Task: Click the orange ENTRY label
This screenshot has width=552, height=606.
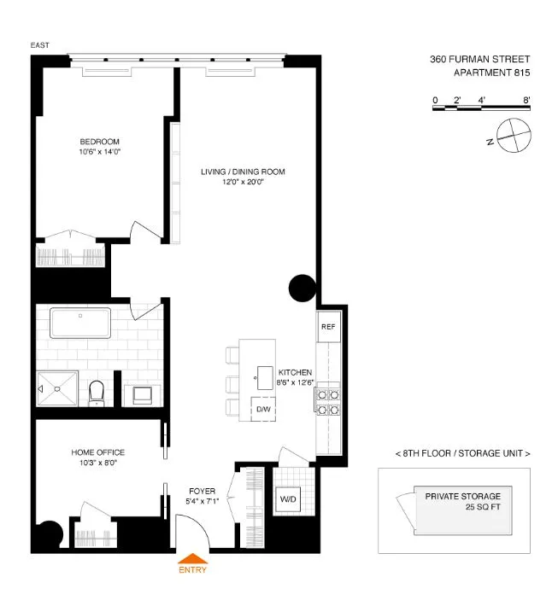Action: pos(191,569)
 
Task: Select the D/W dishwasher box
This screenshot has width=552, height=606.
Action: pos(263,409)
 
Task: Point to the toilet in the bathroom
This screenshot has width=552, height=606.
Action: pos(97,391)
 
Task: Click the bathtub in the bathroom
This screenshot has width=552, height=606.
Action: pos(80,325)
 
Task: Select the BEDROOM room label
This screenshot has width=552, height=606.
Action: pos(99,142)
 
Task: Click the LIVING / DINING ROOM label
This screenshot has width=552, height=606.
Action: pos(243,172)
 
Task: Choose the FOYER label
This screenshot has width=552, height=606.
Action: pos(202,491)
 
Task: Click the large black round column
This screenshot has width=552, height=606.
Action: pos(302,288)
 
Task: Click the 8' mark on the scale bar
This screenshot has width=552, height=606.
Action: pos(527,101)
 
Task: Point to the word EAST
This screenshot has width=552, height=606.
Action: pos(39,44)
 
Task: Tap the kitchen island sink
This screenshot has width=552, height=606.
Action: pos(257,374)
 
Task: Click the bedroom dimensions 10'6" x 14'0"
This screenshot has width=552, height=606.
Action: pos(99,153)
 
